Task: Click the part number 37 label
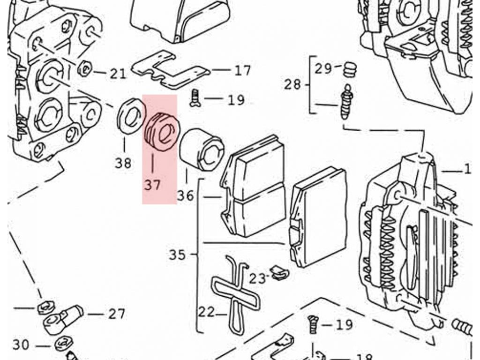pos(152,185)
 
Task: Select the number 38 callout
pos(123,163)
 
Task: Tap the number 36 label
pos(186,195)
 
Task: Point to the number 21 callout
pos(118,74)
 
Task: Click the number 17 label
pos(243,70)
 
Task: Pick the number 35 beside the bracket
pos(177,255)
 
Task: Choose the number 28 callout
pos(292,84)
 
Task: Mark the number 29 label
pos(323,68)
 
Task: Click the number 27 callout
pos(117,314)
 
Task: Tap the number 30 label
pos(21,345)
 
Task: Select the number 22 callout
pos(207,312)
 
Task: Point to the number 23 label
pos(257,278)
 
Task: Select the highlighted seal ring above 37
pos(162,132)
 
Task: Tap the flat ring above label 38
pos(132,116)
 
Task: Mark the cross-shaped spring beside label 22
pos(236,294)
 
